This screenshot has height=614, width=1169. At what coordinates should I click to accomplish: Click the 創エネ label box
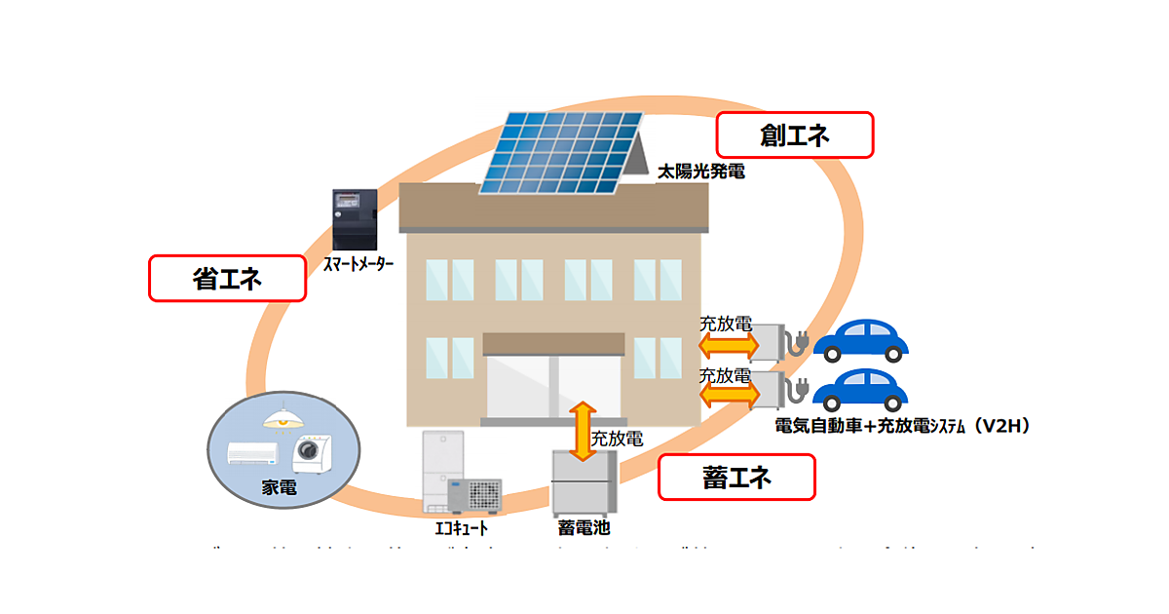coord(794,135)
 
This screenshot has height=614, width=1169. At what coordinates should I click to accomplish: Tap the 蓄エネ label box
coord(735,478)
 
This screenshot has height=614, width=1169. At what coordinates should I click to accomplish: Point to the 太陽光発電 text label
coord(700,173)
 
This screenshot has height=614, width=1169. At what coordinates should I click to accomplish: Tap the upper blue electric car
coord(860,340)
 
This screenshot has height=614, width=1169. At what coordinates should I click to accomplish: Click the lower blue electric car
coord(860,389)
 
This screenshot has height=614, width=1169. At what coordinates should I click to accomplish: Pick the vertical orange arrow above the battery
coord(583,430)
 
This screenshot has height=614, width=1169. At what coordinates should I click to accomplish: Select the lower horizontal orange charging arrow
coord(728,392)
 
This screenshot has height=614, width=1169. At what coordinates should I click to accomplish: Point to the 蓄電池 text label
coord(584,528)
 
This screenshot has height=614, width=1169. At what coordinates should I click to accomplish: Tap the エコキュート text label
coord(461,529)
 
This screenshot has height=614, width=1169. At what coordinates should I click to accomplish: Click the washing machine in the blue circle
coord(311,454)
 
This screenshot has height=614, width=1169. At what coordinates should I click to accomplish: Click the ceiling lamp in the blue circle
coord(283,417)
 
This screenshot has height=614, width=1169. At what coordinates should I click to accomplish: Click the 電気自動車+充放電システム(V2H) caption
coord(902,426)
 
